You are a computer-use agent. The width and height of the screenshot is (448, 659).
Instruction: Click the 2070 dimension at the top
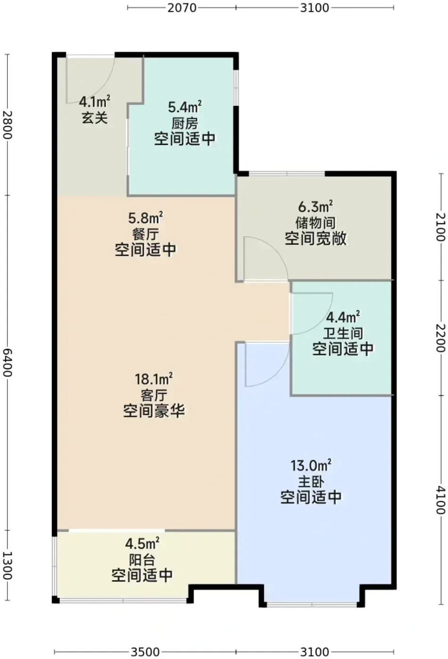[182, 8]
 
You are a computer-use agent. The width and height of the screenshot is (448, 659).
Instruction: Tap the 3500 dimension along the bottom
[145, 651]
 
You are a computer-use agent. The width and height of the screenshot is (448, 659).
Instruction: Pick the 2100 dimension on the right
[440, 227]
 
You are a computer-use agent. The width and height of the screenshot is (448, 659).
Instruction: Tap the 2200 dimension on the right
[440, 338]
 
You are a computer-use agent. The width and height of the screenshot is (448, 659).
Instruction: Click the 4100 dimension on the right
[440, 500]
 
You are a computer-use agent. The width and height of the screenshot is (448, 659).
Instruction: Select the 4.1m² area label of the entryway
[95, 102]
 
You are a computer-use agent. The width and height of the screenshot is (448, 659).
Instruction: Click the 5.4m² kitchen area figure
[185, 106]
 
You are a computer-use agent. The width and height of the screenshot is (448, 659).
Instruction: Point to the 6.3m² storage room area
[316, 206]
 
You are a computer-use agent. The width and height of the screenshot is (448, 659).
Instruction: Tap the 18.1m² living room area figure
[154, 379]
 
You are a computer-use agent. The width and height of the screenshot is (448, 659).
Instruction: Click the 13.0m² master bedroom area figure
[311, 466]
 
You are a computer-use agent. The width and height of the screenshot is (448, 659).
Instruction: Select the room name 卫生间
[343, 333]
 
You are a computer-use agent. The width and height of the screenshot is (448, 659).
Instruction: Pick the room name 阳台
[142, 560]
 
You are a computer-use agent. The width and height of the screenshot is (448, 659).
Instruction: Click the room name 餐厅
[146, 234]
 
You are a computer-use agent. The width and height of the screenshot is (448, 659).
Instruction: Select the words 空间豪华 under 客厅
[154, 411]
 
